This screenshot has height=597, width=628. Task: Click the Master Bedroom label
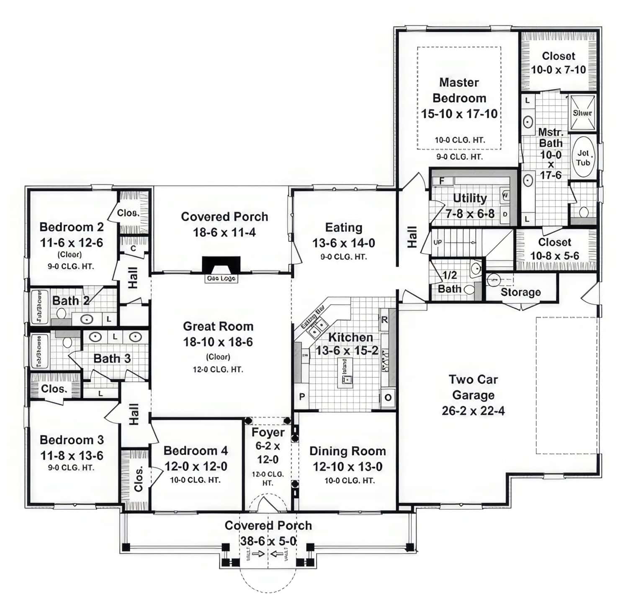(x=459, y=90)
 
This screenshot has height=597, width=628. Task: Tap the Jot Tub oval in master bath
(x=583, y=157)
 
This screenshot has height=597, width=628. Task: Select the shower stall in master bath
(x=582, y=113)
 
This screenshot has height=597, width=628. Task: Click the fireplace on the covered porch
(x=221, y=265)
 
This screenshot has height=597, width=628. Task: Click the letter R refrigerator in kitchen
(x=384, y=320)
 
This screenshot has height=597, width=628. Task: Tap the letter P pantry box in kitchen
(x=301, y=396)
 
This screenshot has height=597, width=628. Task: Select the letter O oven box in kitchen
(x=388, y=397)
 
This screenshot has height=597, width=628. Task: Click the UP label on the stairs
(x=437, y=242)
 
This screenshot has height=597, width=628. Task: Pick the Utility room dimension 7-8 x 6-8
(x=470, y=214)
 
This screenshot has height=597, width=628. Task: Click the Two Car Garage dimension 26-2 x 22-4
(x=473, y=411)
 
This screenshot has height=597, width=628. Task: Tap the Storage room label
(x=520, y=292)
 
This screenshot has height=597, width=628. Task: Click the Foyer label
(x=268, y=432)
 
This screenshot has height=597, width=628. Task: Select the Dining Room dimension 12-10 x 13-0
(x=347, y=466)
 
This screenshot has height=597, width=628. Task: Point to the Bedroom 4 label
(x=196, y=450)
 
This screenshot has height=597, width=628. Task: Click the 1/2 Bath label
(x=450, y=282)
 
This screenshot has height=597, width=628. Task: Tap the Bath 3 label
(x=112, y=359)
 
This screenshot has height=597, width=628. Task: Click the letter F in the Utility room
(x=441, y=181)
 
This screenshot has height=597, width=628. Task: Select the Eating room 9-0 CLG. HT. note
(x=343, y=257)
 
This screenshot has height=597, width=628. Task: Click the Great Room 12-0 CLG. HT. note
(x=218, y=370)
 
